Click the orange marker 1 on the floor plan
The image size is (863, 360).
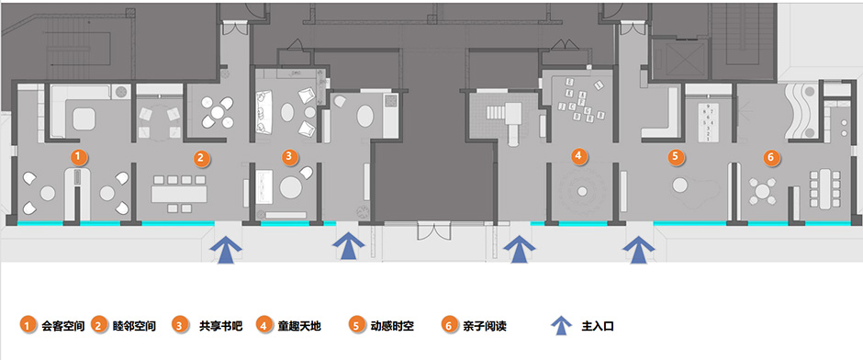[x=80, y=156]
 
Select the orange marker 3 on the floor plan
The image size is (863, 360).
[x=288, y=156]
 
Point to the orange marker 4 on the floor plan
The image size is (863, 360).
[x=578, y=156]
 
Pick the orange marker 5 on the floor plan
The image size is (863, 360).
[x=676, y=156]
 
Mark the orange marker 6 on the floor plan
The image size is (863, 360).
[x=770, y=157]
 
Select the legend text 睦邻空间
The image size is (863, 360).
[x=134, y=326]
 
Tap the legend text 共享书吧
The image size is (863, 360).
[x=220, y=326]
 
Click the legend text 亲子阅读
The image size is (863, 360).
[x=484, y=326]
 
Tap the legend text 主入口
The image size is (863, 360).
[x=597, y=326]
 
